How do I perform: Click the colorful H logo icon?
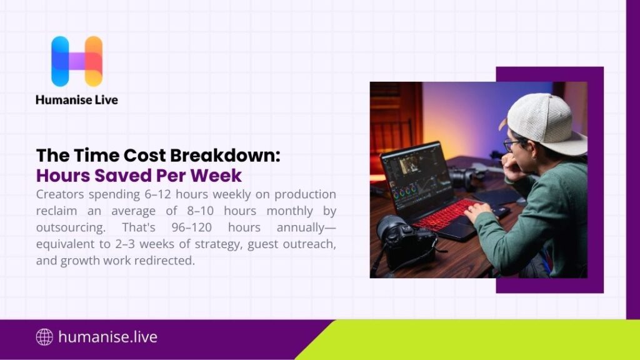click(77, 61)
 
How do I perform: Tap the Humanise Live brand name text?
click(77, 99)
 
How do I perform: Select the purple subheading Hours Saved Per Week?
click(139, 174)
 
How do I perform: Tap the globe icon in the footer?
click(44, 337)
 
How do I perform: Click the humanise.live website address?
click(107, 337)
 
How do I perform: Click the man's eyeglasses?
click(511, 144)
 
